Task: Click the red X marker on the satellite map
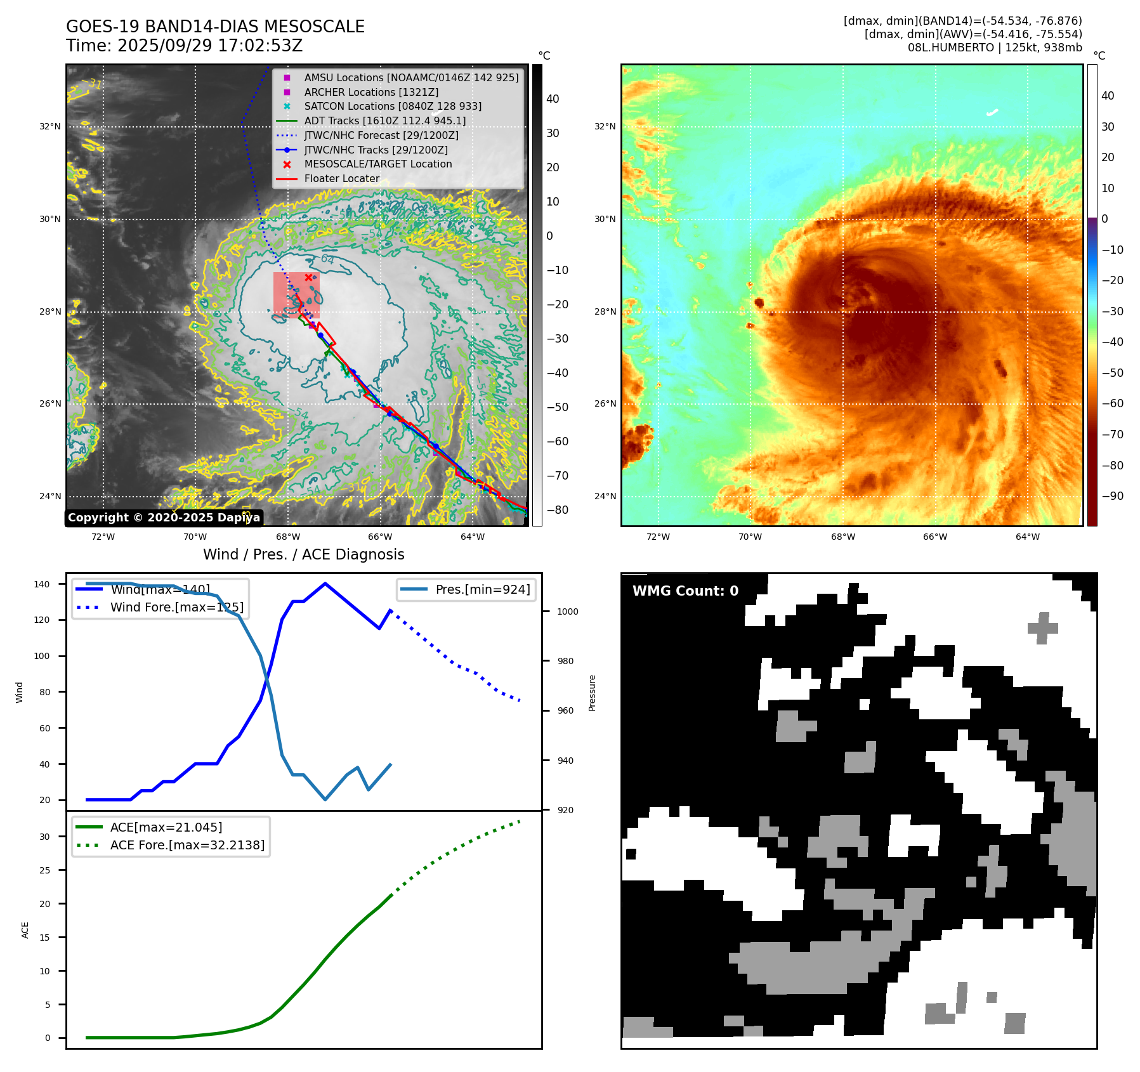click(308, 277)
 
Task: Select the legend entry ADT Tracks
click(384, 121)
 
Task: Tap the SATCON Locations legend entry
click(392, 106)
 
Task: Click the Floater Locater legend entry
click(341, 178)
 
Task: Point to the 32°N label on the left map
click(50, 126)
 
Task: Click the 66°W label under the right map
click(934, 537)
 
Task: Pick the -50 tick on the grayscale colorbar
click(557, 407)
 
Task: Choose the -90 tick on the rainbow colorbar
click(1112, 496)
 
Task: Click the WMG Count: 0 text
click(685, 591)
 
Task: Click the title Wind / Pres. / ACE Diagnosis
click(303, 554)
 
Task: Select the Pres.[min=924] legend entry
click(482, 589)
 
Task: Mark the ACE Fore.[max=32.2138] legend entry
click(187, 845)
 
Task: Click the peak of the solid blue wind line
click(325, 584)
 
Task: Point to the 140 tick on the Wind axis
click(42, 584)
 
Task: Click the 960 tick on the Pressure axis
click(565, 710)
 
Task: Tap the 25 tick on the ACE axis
click(44, 870)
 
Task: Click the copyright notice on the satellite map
click(164, 518)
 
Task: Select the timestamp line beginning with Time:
click(184, 46)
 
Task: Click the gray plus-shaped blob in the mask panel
click(1042, 627)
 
